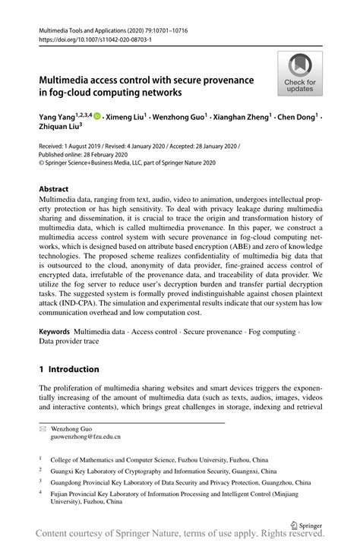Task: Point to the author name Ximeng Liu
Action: point(125,118)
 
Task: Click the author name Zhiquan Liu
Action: point(58,129)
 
